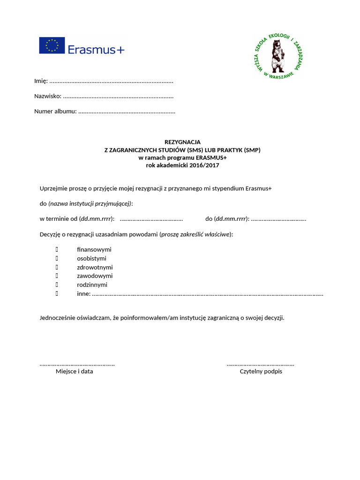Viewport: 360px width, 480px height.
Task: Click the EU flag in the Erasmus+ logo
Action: click(x=52, y=45)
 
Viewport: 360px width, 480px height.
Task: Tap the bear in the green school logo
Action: click(x=277, y=55)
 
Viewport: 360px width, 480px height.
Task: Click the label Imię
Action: click(x=41, y=81)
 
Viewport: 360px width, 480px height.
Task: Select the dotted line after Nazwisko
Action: click(x=118, y=97)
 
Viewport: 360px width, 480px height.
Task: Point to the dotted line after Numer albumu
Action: click(x=127, y=112)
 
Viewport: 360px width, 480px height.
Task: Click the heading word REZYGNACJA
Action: click(x=182, y=142)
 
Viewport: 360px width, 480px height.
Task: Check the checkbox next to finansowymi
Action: click(x=57, y=249)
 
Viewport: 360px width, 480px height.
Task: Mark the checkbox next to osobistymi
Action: click(x=57, y=258)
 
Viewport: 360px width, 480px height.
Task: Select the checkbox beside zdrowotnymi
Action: click(x=57, y=267)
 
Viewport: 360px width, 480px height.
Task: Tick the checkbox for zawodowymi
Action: click(x=57, y=276)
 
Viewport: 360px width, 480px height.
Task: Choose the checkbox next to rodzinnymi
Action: click(x=57, y=285)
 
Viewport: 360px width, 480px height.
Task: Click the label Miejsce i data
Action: click(x=75, y=371)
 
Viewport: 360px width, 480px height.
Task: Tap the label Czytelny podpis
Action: click(x=261, y=371)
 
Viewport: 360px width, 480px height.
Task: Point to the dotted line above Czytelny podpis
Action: click(x=261, y=364)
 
